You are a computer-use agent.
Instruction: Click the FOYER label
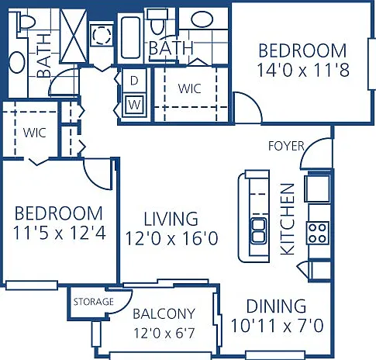286,146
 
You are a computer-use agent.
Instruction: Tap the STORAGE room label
94,302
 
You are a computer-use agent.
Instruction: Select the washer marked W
134,106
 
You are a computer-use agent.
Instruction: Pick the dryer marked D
134,81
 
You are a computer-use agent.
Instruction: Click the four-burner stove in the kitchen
318,233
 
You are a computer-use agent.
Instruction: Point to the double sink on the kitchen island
259,231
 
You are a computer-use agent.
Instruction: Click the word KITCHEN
288,219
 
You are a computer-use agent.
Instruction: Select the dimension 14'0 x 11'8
303,70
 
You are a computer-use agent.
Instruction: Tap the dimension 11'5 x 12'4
59,233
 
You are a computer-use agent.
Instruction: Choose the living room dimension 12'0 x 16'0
171,238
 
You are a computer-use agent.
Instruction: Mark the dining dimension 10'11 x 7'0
277,325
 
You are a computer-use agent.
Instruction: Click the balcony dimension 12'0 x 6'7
164,333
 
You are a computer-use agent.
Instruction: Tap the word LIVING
171,219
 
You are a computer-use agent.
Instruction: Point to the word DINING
276,306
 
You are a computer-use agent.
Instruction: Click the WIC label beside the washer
189,88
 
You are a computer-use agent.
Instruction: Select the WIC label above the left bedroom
34,133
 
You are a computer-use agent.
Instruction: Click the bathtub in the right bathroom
130,37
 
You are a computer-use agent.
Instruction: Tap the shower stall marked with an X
74,36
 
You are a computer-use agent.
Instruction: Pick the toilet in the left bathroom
26,22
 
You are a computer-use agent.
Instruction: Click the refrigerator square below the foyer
317,189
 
